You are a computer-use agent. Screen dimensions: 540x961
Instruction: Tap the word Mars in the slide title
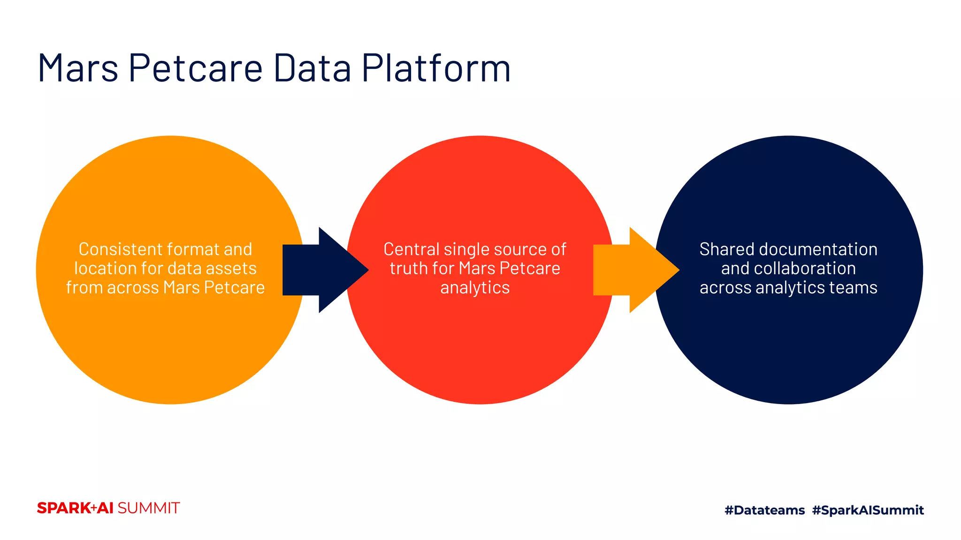tap(77, 68)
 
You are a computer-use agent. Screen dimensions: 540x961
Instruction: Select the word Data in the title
tap(312, 68)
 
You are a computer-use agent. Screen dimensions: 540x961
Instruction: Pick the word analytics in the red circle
tap(475, 288)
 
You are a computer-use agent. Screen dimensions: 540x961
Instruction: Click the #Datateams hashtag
tap(764, 510)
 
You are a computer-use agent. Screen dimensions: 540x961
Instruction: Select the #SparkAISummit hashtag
tap(868, 510)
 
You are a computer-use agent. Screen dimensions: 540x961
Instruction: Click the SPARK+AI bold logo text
tap(75, 508)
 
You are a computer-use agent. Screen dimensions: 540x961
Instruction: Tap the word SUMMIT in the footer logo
tap(148, 508)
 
